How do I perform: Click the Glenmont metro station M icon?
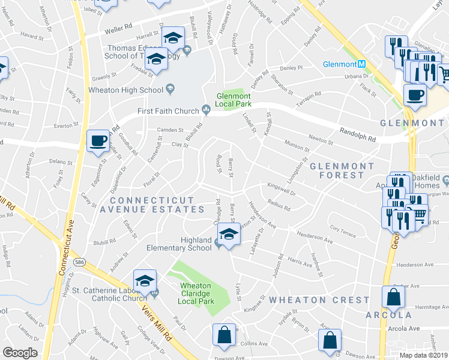click(x=362, y=64)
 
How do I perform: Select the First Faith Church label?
click(x=167, y=110)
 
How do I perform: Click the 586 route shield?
click(x=79, y=262)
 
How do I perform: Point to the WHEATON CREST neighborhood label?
click(x=319, y=299)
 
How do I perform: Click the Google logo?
click(x=20, y=353)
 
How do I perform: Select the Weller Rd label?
click(x=119, y=26)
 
